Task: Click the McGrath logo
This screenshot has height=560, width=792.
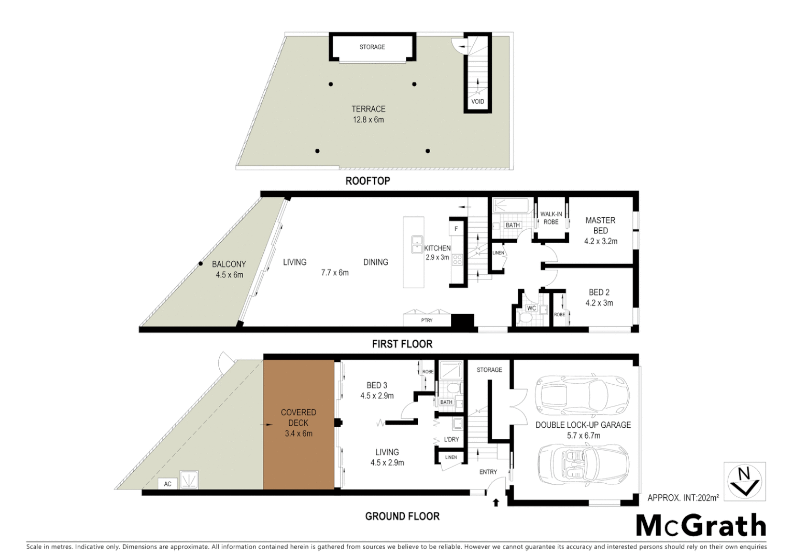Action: pos(701,526)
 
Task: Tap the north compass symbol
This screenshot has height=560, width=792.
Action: pos(744,482)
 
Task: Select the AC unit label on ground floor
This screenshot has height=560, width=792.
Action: pos(167,484)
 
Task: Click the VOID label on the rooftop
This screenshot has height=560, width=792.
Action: pos(477,102)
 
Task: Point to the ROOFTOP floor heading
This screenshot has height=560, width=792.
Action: pos(367,181)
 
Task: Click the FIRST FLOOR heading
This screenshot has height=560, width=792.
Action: pos(402,344)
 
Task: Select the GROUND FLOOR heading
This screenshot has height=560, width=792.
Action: pos(402,516)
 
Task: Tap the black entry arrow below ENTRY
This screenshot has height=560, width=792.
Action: pos(496,502)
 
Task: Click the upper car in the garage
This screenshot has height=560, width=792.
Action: pos(582,396)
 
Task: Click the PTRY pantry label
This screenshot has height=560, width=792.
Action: pos(427,320)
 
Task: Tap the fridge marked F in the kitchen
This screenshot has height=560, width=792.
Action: pos(456,229)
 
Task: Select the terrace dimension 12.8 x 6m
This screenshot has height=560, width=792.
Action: pos(369,120)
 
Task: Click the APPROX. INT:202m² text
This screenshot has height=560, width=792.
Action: pos(683,498)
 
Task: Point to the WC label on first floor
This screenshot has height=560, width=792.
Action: pos(531,308)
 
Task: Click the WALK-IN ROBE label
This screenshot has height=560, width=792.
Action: pos(551,218)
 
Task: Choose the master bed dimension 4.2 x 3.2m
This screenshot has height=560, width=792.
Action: pos(601,241)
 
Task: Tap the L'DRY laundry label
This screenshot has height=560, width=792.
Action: pos(451,439)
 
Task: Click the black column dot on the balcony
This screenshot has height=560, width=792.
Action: pos(201,264)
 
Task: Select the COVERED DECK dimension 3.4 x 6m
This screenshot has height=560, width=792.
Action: pos(299,433)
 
